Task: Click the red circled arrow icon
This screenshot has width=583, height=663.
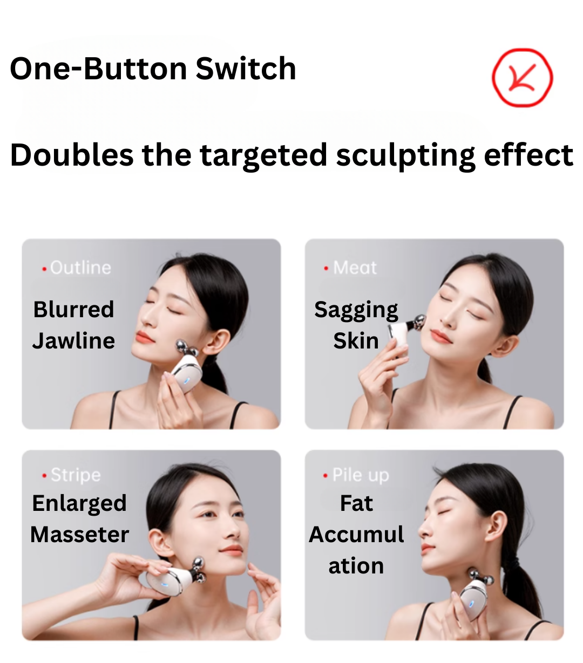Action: pos(522,78)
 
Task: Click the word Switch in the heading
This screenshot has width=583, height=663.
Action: pos(246,69)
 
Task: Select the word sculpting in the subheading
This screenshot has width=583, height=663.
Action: pos(405,156)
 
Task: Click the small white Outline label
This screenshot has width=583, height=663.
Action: pos(80,268)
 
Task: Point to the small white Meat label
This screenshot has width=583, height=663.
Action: pos(355,268)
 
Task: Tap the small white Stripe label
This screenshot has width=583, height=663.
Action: pos(76,475)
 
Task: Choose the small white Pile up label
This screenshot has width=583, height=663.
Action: pos(361,475)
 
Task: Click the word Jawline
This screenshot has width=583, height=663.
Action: pos(74,341)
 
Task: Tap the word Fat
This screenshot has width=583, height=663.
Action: pos(356,503)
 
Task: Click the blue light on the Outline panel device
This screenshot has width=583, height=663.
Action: pos(187,380)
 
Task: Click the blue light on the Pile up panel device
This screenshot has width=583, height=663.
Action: pos(471,604)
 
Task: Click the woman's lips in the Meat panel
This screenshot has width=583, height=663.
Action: pos(440,337)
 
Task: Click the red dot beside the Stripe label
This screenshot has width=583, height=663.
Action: pos(45,475)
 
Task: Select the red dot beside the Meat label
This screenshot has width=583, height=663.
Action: pos(326,268)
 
